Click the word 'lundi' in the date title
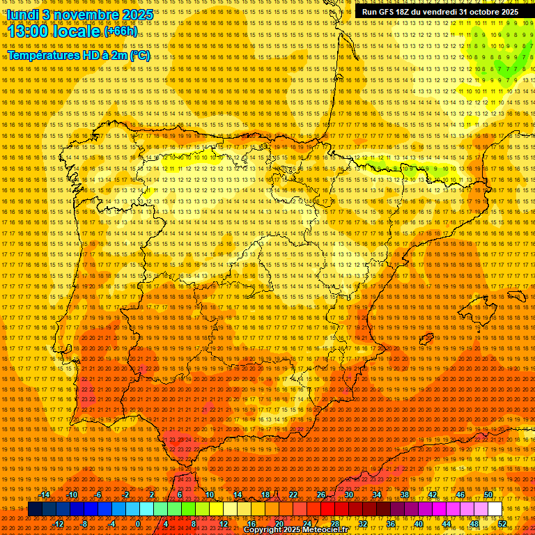pos(23,14)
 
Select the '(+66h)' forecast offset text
pos(121,31)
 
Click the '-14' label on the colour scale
pos(45,495)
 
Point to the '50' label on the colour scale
pos(488,495)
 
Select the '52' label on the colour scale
pos(502,524)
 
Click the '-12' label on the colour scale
pos(59,524)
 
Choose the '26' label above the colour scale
pos(321,495)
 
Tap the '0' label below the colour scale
pos(138,524)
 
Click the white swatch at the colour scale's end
pos(495,509)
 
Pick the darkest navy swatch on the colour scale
pos(35,509)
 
